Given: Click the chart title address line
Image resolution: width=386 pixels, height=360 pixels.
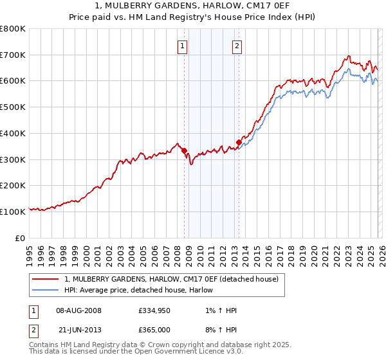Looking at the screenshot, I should pos(192,6).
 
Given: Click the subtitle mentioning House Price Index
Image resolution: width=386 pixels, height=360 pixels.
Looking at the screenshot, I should pos(192,17).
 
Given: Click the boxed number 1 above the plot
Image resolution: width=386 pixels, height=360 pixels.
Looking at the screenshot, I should pos(183,46).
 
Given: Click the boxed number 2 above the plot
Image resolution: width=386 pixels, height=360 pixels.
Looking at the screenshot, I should pos(237,46).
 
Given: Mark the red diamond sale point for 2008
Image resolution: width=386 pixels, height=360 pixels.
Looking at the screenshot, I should pos(184,150).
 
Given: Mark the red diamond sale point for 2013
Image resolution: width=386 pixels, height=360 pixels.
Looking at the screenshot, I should pos(239,143).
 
